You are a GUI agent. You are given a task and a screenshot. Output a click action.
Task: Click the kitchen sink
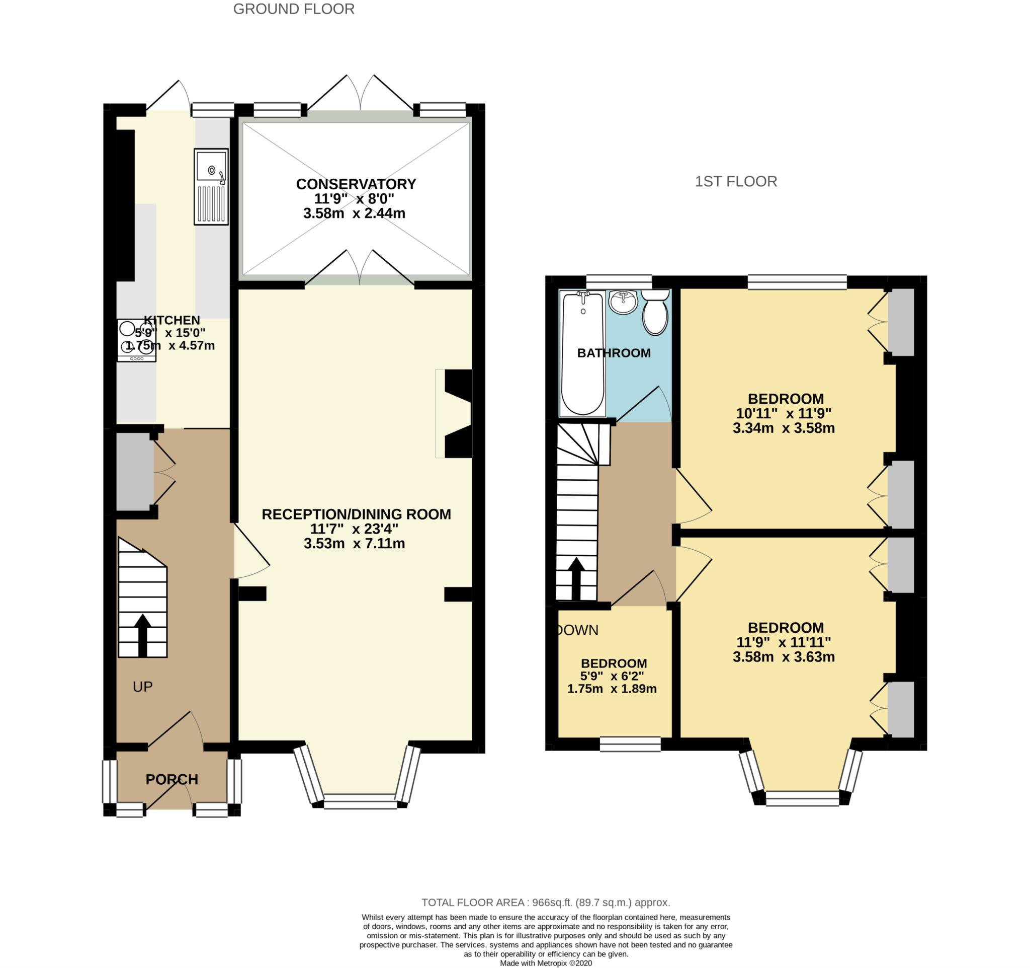coord(211,187)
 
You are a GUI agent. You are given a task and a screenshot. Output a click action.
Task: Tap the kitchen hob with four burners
coord(136,340)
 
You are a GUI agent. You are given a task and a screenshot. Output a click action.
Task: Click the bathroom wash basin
coord(623,302)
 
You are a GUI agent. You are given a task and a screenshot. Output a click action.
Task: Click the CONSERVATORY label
coord(356,184)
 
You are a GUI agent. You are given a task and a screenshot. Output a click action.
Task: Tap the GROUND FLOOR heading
coord(294,9)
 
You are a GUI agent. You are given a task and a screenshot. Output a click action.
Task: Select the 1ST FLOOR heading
coord(736,181)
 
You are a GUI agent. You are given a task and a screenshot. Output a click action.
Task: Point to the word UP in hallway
coord(142,687)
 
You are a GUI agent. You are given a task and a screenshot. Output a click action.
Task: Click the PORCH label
coord(171,779)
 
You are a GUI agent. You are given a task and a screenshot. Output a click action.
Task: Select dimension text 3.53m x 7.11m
coord(355,543)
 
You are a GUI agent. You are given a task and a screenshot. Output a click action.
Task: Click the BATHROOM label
coord(614,353)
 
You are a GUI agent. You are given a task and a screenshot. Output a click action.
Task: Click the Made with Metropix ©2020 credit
coord(546,963)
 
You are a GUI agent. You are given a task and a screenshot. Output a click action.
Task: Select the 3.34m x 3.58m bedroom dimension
coord(784,428)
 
